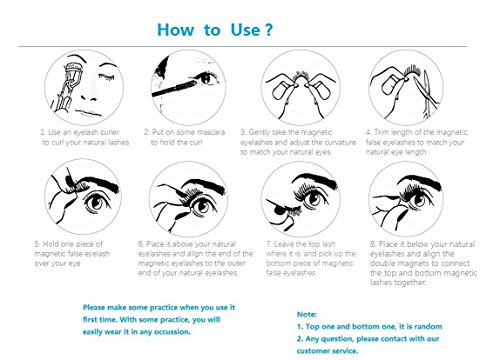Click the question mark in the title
coord(269,30)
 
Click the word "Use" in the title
coord(245,30)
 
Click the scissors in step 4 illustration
coord(426,93)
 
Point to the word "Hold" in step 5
coord(51,244)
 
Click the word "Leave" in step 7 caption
coord(284,244)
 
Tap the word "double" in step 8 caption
coord(383,263)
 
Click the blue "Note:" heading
coord(307,314)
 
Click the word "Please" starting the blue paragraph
coord(94,307)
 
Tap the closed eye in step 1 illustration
coord(106,77)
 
